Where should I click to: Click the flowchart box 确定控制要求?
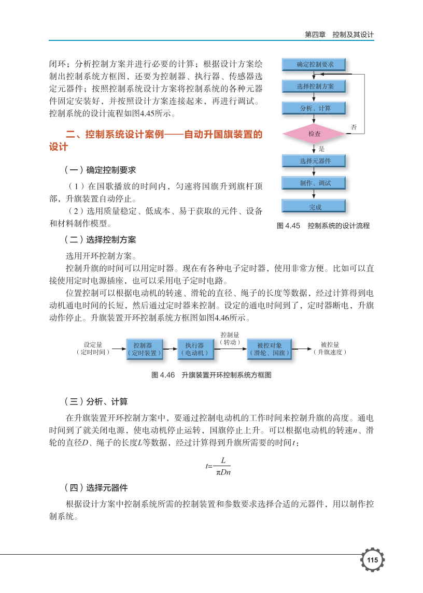point(314,65)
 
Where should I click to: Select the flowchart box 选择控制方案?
point(314,86)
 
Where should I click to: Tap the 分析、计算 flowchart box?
point(314,108)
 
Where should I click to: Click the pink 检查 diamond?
point(314,134)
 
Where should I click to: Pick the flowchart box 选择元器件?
point(314,161)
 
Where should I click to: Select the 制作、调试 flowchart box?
point(314,183)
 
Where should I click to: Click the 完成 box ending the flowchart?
point(314,207)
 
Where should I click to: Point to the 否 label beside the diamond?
point(354,126)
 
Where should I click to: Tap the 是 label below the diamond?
point(321,149)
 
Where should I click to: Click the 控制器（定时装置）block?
point(145,349)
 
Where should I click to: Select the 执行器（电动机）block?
point(194,349)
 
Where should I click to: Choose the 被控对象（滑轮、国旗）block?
point(269,349)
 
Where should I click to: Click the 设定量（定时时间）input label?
point(93,348)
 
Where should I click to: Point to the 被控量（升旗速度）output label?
point(330,348)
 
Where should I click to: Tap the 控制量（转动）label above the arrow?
point(230,339)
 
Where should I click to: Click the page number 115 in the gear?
point(372,561)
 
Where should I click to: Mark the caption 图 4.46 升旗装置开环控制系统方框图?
point(211,375)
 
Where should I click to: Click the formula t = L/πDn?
point(218,466)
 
